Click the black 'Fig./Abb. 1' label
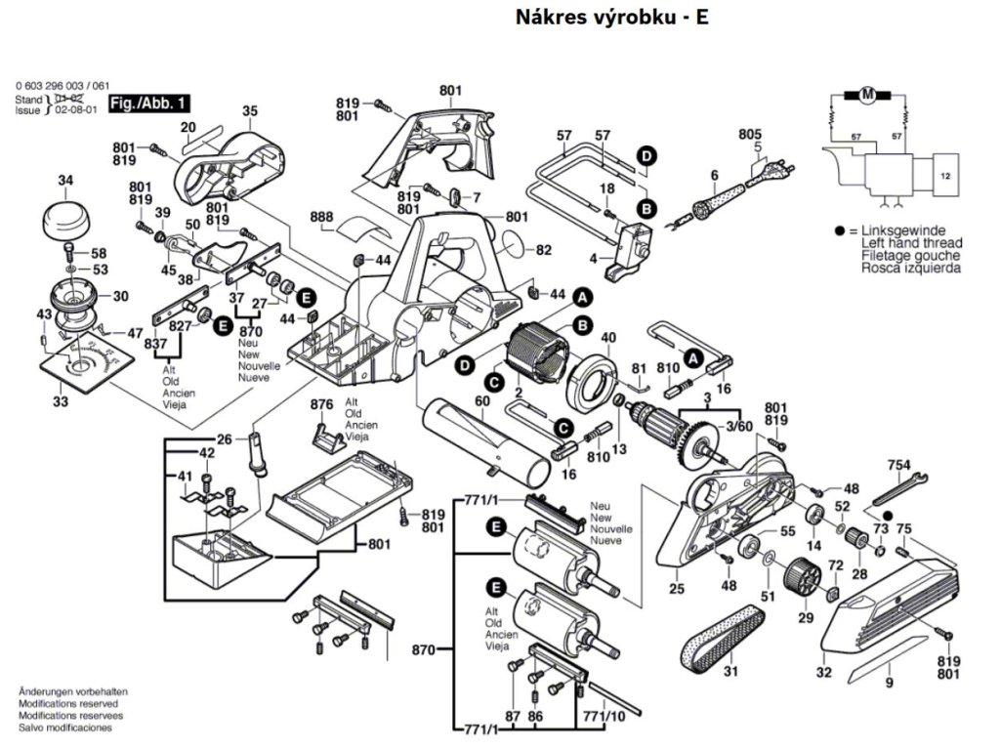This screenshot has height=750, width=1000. click(x=149, y=103)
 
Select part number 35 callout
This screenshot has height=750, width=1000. click(x=249, y=111)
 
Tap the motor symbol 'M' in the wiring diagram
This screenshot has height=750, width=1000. click(x=867, y=95)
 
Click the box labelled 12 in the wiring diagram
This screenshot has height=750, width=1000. click(x=944, y=176)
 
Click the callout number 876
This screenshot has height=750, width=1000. click(x=322, y=404)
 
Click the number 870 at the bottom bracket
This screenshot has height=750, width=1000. click(x=423, y=647)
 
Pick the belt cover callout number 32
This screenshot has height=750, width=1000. click(x=823, y=673)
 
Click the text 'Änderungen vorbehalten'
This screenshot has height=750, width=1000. click(x=72, y=691)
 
